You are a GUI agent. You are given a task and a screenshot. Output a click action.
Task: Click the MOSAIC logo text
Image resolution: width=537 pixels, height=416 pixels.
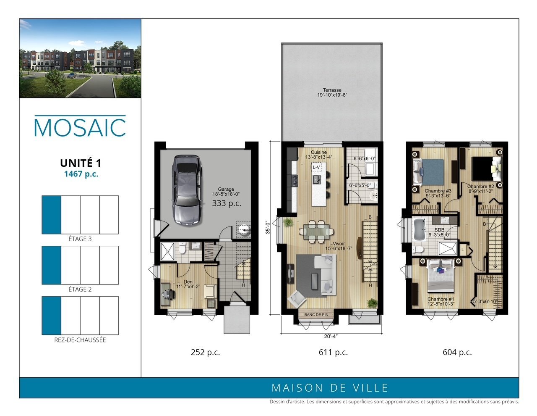[80, 127]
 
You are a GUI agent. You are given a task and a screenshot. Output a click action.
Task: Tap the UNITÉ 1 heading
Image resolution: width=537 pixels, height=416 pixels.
[81, 163]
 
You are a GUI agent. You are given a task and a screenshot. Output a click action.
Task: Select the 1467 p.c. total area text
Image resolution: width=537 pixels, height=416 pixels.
[81, 174]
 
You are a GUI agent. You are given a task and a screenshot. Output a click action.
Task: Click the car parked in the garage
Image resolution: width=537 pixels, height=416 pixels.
[188, 190]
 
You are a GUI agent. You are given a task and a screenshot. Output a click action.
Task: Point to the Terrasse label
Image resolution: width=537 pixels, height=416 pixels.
[332, 90]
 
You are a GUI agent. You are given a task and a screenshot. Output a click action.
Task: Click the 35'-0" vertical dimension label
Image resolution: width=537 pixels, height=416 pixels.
[268, 227]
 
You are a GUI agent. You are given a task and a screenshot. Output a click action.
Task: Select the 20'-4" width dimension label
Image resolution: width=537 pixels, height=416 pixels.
[331, 336]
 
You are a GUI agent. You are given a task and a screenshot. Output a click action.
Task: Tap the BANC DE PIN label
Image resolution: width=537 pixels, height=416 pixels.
[316, 315]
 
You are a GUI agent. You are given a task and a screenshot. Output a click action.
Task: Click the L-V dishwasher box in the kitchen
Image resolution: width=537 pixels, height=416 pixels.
[317, 167]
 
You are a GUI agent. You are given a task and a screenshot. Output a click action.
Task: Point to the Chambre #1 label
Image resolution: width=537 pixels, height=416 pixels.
[441, 299]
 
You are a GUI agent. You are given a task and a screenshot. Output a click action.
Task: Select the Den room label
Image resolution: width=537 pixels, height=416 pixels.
[188, 282]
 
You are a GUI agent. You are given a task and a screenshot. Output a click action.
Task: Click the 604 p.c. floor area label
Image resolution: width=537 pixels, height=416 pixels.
[457, 352]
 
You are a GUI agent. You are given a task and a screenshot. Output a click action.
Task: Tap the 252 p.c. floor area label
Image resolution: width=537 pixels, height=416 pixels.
[205, 352]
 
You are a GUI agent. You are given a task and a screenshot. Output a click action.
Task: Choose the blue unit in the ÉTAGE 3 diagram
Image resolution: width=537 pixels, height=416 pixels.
[52, 215]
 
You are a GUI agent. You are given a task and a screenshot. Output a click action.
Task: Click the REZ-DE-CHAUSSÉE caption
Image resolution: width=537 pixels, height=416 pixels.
[80, 340]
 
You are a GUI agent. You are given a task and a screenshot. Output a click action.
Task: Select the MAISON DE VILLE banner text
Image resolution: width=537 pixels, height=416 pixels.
[330, 388]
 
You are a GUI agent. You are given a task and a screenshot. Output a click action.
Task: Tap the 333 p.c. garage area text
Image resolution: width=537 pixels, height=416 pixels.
[227, 203]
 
